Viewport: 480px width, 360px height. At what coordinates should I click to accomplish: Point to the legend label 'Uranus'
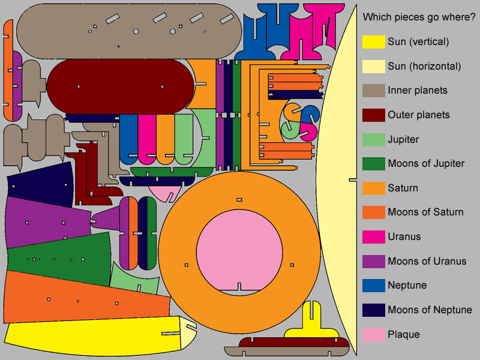[x=404, y=236]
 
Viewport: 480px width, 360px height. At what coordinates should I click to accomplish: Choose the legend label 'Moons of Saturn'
[x=425, y=212]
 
